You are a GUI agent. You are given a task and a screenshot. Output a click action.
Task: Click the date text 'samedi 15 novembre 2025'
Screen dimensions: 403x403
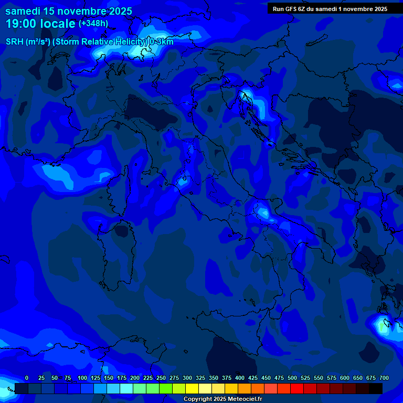(x=69, y=11)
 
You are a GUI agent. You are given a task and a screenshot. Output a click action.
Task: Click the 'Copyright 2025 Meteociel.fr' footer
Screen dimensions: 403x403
(x=222, y=399)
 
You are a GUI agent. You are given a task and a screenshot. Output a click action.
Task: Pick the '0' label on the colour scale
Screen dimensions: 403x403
(x=27, y=378)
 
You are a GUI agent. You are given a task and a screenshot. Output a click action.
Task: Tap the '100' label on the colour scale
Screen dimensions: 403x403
(x=82, y=378)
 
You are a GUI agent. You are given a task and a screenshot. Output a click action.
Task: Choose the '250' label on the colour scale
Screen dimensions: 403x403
(x=161, y=378)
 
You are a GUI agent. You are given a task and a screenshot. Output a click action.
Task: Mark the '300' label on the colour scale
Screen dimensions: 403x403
(x=187, y=378)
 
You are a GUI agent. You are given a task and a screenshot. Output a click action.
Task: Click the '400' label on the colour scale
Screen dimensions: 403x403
(x=240, y=378)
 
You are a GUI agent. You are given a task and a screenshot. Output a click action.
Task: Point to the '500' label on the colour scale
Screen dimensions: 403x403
(x=292, y=378)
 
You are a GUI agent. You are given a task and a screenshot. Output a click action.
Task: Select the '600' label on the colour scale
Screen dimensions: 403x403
(x=345, y=378)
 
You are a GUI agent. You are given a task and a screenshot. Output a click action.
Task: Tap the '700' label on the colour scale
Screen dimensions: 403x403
(x=384, y=378)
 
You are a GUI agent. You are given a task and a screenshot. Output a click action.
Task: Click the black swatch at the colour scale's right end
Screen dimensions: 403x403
(x=376, y=388)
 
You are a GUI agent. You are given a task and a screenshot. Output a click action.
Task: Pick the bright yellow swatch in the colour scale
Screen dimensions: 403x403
(x=192, y=388)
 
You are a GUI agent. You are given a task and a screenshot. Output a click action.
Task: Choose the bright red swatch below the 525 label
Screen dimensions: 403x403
(x=297, y=388)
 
